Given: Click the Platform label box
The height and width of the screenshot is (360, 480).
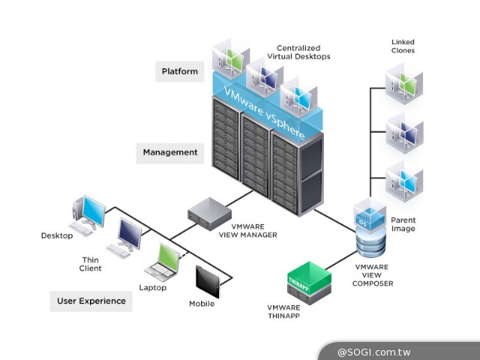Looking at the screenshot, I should click(x=180, y=72).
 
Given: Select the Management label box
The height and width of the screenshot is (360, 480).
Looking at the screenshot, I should click(x=170, y=152).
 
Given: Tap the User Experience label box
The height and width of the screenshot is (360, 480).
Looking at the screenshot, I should click(x=91, y=301).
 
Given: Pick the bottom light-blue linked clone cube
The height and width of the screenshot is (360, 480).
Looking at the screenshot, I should click(x=403, y=181).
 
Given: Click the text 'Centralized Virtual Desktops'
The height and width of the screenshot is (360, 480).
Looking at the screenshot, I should click(x=298, y=52).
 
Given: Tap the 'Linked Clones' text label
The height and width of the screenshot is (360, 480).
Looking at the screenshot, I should click(x=403, y=46).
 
